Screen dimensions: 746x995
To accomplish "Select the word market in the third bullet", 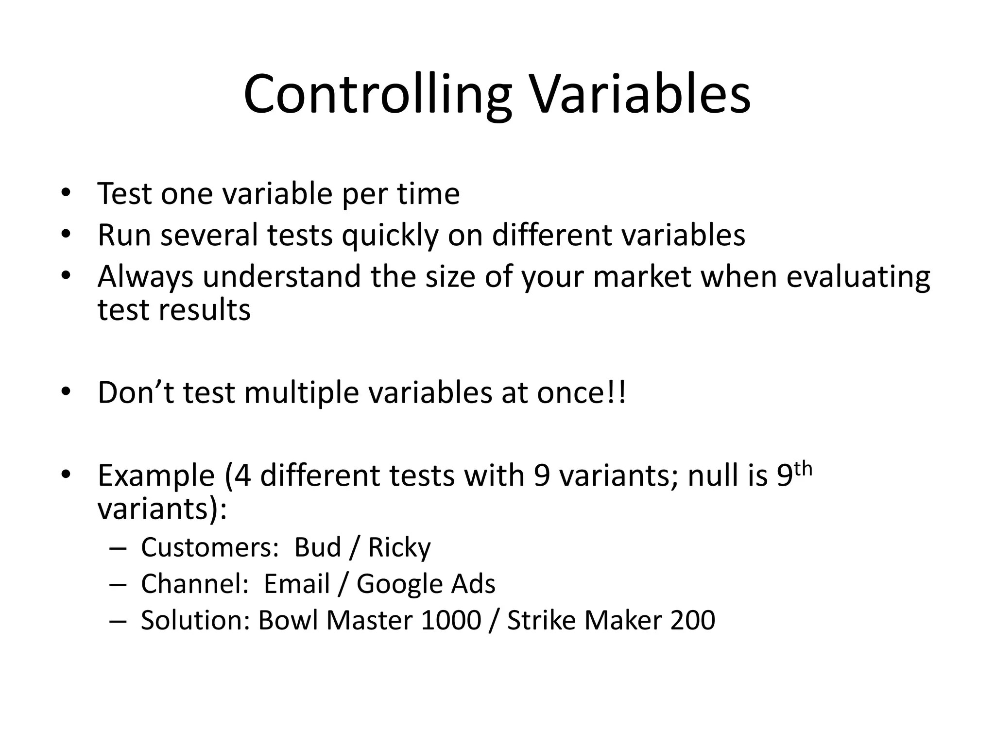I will [642, 277].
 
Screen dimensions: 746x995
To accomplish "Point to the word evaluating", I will [858, 277].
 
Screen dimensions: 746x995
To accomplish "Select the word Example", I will [156, 475].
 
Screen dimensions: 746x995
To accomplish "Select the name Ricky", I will [399, 547].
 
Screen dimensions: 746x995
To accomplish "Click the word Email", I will [296, 584].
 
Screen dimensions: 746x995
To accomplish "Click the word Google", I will [399, 584].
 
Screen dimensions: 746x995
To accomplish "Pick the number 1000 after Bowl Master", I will [451, 620].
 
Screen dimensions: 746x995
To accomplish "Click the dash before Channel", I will [118, 584].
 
